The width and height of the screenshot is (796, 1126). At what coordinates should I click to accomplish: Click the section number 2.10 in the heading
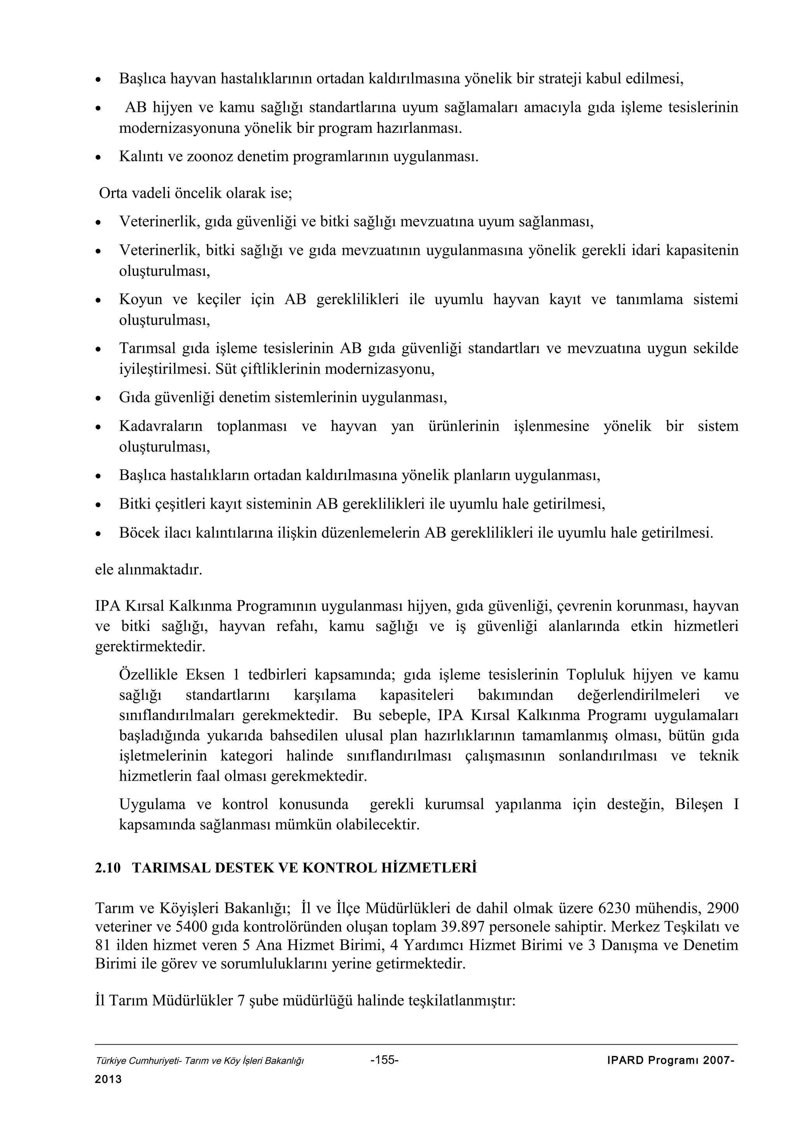[107, 868]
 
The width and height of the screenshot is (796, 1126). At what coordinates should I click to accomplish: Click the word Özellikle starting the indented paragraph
[148, 675]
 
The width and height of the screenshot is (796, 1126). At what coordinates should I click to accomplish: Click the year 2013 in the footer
[108, 1080]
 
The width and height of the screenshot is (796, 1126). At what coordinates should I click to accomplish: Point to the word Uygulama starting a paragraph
[152, 804]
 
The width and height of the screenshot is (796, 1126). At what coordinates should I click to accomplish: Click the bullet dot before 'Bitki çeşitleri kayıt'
[99, 505]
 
